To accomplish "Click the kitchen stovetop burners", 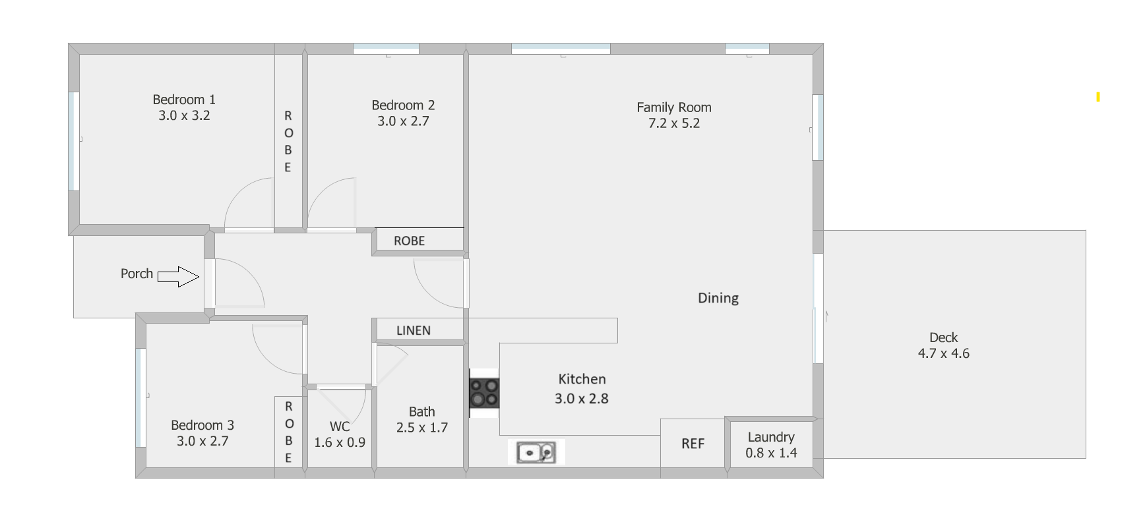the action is (x=484, y=393).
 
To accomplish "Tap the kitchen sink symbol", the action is (x=536, y=453).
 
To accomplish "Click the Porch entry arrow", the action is (x=178, y=277).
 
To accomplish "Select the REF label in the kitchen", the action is (x=693, y=444).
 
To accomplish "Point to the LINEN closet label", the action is (x=414, y=330).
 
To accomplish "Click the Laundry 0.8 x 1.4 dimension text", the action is (x=771, y=453).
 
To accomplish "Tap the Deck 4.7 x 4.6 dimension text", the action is (x=943, y=353).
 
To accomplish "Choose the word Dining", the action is (x=718, y=298).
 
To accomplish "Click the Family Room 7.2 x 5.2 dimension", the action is (x=674, y=123).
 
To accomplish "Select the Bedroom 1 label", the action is (x=184, y=100).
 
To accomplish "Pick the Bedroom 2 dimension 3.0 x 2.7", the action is (x=403, y=121).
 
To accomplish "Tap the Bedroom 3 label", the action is (x=202, y=425).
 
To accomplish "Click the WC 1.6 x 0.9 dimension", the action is (x=340, y=442).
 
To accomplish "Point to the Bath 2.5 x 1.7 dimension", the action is (x=422, y=427).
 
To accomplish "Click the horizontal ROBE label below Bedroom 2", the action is (x=409, y=241).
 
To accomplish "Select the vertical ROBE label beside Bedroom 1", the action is (x=288, y=141).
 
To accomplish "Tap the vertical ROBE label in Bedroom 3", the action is (x=288, y=432).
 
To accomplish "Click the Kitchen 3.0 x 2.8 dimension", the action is (x=581, y=398).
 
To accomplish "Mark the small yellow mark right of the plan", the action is (x=1098, y=97).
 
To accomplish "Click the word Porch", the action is (x=137, y=274).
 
